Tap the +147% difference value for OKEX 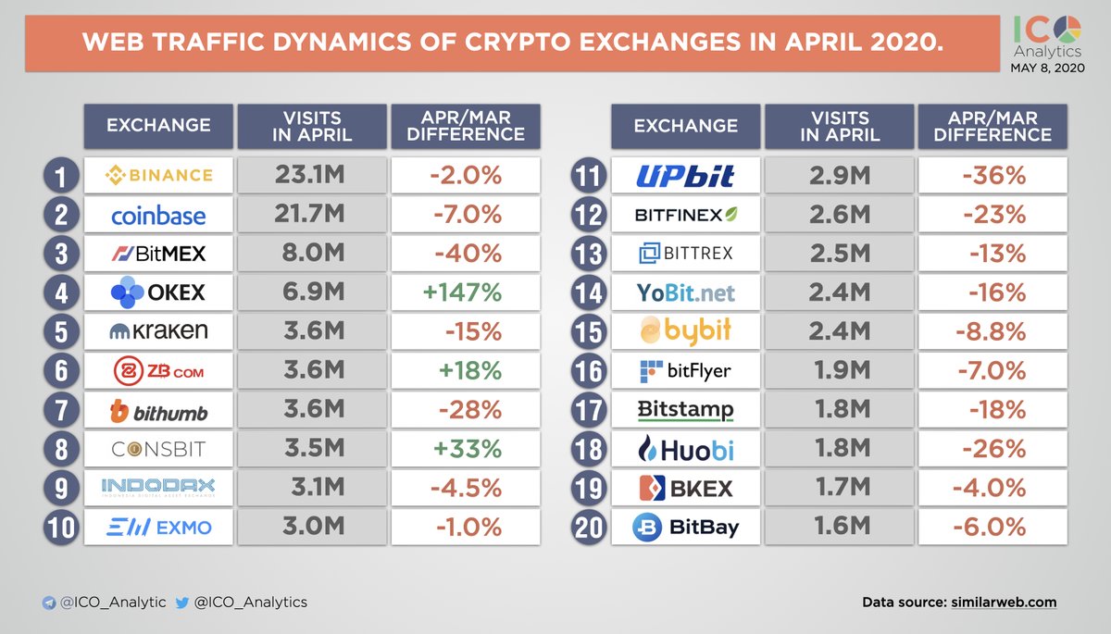pyautogui.click(x=465, y=292)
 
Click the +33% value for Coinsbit pyautogui.click(x=465, y=449)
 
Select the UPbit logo pyautogui.click(x=685, y=175)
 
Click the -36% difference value pyautogui.click(x=992, y=175)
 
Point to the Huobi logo pyautogui.click(x=685, y=450)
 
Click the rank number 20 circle pyautogui.click(x=589, y=528)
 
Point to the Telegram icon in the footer pyautogui.click(x=48, y=603)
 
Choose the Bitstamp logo pyautogui.click(x=685, y=410)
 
